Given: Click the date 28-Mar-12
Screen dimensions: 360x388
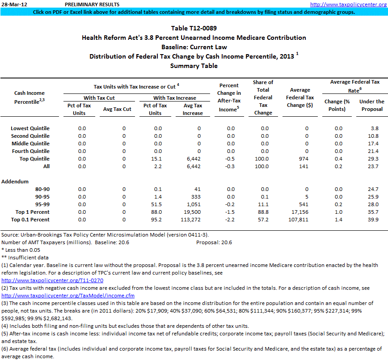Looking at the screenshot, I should click(x=12, y=4).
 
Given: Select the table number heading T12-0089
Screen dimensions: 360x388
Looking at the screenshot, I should click(x=194, y=28).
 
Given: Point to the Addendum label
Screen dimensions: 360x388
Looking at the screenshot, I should click(x=16, y=182).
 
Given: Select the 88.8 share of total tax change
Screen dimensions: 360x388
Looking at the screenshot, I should click(x=263, y=212).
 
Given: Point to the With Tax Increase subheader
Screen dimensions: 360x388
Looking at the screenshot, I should click(x=174, y=97).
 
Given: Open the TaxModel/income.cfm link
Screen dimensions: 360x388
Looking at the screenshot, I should click(x=67, y=296).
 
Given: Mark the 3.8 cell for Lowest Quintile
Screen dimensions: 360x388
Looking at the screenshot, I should click(x=374, y=128).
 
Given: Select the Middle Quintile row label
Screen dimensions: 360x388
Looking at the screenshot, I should click(x=30, y=144).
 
